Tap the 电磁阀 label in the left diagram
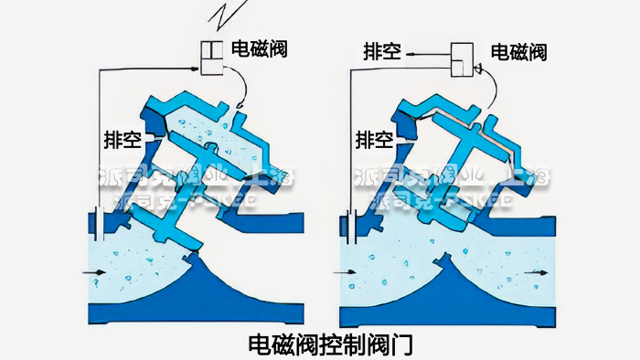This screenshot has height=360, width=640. coord(259,48)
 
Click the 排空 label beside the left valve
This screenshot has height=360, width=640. coord(121,139)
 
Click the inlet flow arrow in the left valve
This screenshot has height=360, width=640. coord(91,273)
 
